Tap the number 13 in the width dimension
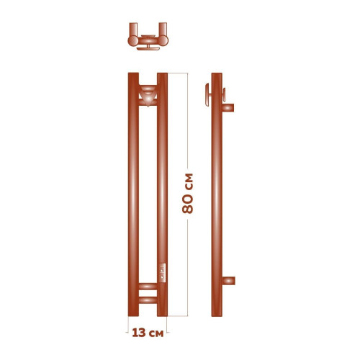(x=140, y=333)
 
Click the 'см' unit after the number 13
(x=158, y=333)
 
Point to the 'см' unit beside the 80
(x=189, y=181)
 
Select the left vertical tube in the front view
(x=133, y=194)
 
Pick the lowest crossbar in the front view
(x=148, y=302)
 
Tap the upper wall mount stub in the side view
(x=227, y=107)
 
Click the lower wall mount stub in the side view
(x=227, y=279)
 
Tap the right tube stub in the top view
(x=163, y=35)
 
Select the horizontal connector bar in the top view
(x=148, y=37)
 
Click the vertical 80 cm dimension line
(x=189, y=130)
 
